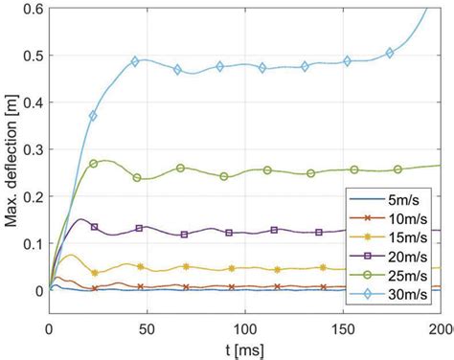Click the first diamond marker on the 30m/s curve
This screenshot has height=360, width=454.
coord(94,116)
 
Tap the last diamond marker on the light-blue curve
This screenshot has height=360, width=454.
coord(390,53)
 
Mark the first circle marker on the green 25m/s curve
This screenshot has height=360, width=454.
coord(94,164)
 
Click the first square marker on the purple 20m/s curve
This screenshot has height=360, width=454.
coord(94,227)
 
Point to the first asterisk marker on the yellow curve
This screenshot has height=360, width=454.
coord(94,273)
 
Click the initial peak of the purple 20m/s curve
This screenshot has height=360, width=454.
coord(81,219)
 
